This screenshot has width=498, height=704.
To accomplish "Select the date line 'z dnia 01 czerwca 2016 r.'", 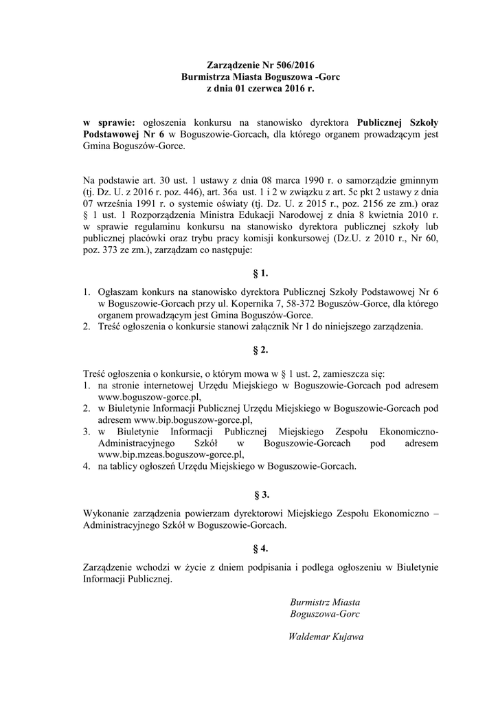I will pyautogui.click(x=255, y=89).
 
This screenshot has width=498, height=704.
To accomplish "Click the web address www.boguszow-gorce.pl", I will pyautogui.click(x=150, y=397).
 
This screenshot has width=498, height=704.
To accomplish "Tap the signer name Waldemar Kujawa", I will pyautogui.click(x=326, y=636).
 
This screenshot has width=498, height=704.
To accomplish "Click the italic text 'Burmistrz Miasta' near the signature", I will pyautogui.click(x=325, y=602).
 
